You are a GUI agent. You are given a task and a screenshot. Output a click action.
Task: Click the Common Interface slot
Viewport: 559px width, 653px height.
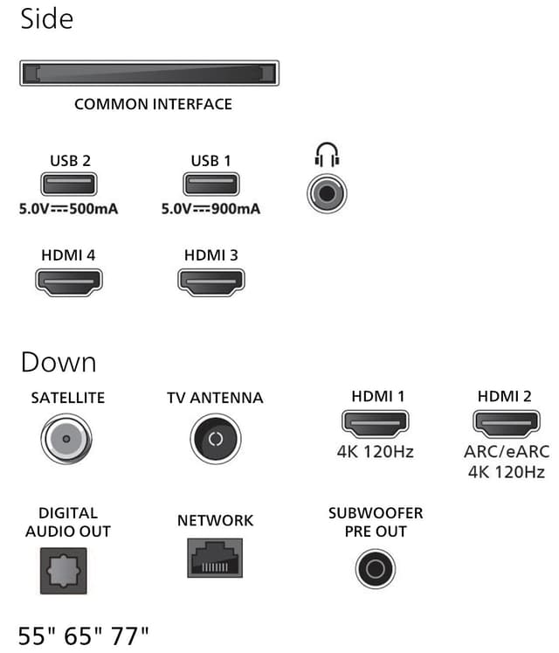pyautogui.click(x=149, y=73)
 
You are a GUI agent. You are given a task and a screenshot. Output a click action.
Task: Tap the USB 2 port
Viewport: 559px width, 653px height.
pyautogui.click(x=69, y=184)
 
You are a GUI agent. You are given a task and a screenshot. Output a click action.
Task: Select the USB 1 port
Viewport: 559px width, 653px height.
pyautogui.click(x=211, y=184)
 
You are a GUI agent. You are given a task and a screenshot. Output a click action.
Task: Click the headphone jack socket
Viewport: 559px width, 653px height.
pyautogui.click(x=327, y=193)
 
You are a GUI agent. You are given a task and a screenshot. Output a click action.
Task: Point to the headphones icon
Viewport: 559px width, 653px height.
pyautogui.click(x=327, y=155)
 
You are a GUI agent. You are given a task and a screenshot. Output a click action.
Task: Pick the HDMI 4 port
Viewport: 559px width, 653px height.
pyautogui.click(x=69, y=282)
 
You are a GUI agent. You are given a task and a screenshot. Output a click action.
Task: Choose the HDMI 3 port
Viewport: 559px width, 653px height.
pyautogui.click(x=211, y=282)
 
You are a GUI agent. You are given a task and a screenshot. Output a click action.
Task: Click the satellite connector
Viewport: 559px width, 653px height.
pyautogui.click(x=66, y=439)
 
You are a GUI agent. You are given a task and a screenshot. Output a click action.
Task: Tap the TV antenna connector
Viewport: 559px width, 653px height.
pyautogui.click(x=216, y=439)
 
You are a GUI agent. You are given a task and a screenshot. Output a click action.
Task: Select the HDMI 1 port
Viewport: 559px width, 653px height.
pyautogui.click(x=375, y=424)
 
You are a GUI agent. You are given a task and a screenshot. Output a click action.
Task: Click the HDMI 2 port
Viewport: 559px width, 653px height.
pyautogui.click(x=507, y=424)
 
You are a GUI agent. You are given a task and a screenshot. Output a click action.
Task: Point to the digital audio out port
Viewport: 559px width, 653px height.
pyautogui.click(x=63, y=571)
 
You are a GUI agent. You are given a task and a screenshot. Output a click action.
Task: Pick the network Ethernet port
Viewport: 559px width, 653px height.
pyautogui.click(x=215, y=558)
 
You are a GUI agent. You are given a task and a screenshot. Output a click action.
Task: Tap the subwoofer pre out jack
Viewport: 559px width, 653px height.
pyautogui.click(x=376, y=568)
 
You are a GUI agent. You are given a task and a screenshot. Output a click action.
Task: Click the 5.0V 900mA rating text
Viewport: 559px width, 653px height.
pyautogui.click(x=210, y=209)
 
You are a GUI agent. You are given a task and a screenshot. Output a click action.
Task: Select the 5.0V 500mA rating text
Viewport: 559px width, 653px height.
pyautogui.click(x=68, y=209)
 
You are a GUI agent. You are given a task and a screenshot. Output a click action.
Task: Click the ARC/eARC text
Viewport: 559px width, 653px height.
pyautogui.click(x=507, y=452)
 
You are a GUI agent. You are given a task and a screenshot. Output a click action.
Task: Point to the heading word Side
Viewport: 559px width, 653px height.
pyautogui.click(x=46, y=19)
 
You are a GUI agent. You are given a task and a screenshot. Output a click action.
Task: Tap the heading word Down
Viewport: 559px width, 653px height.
pyautogui.click(x=59, y=362)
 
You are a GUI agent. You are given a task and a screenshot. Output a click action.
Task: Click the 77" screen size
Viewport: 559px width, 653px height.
pyautogui.click(x=129, y=636)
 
